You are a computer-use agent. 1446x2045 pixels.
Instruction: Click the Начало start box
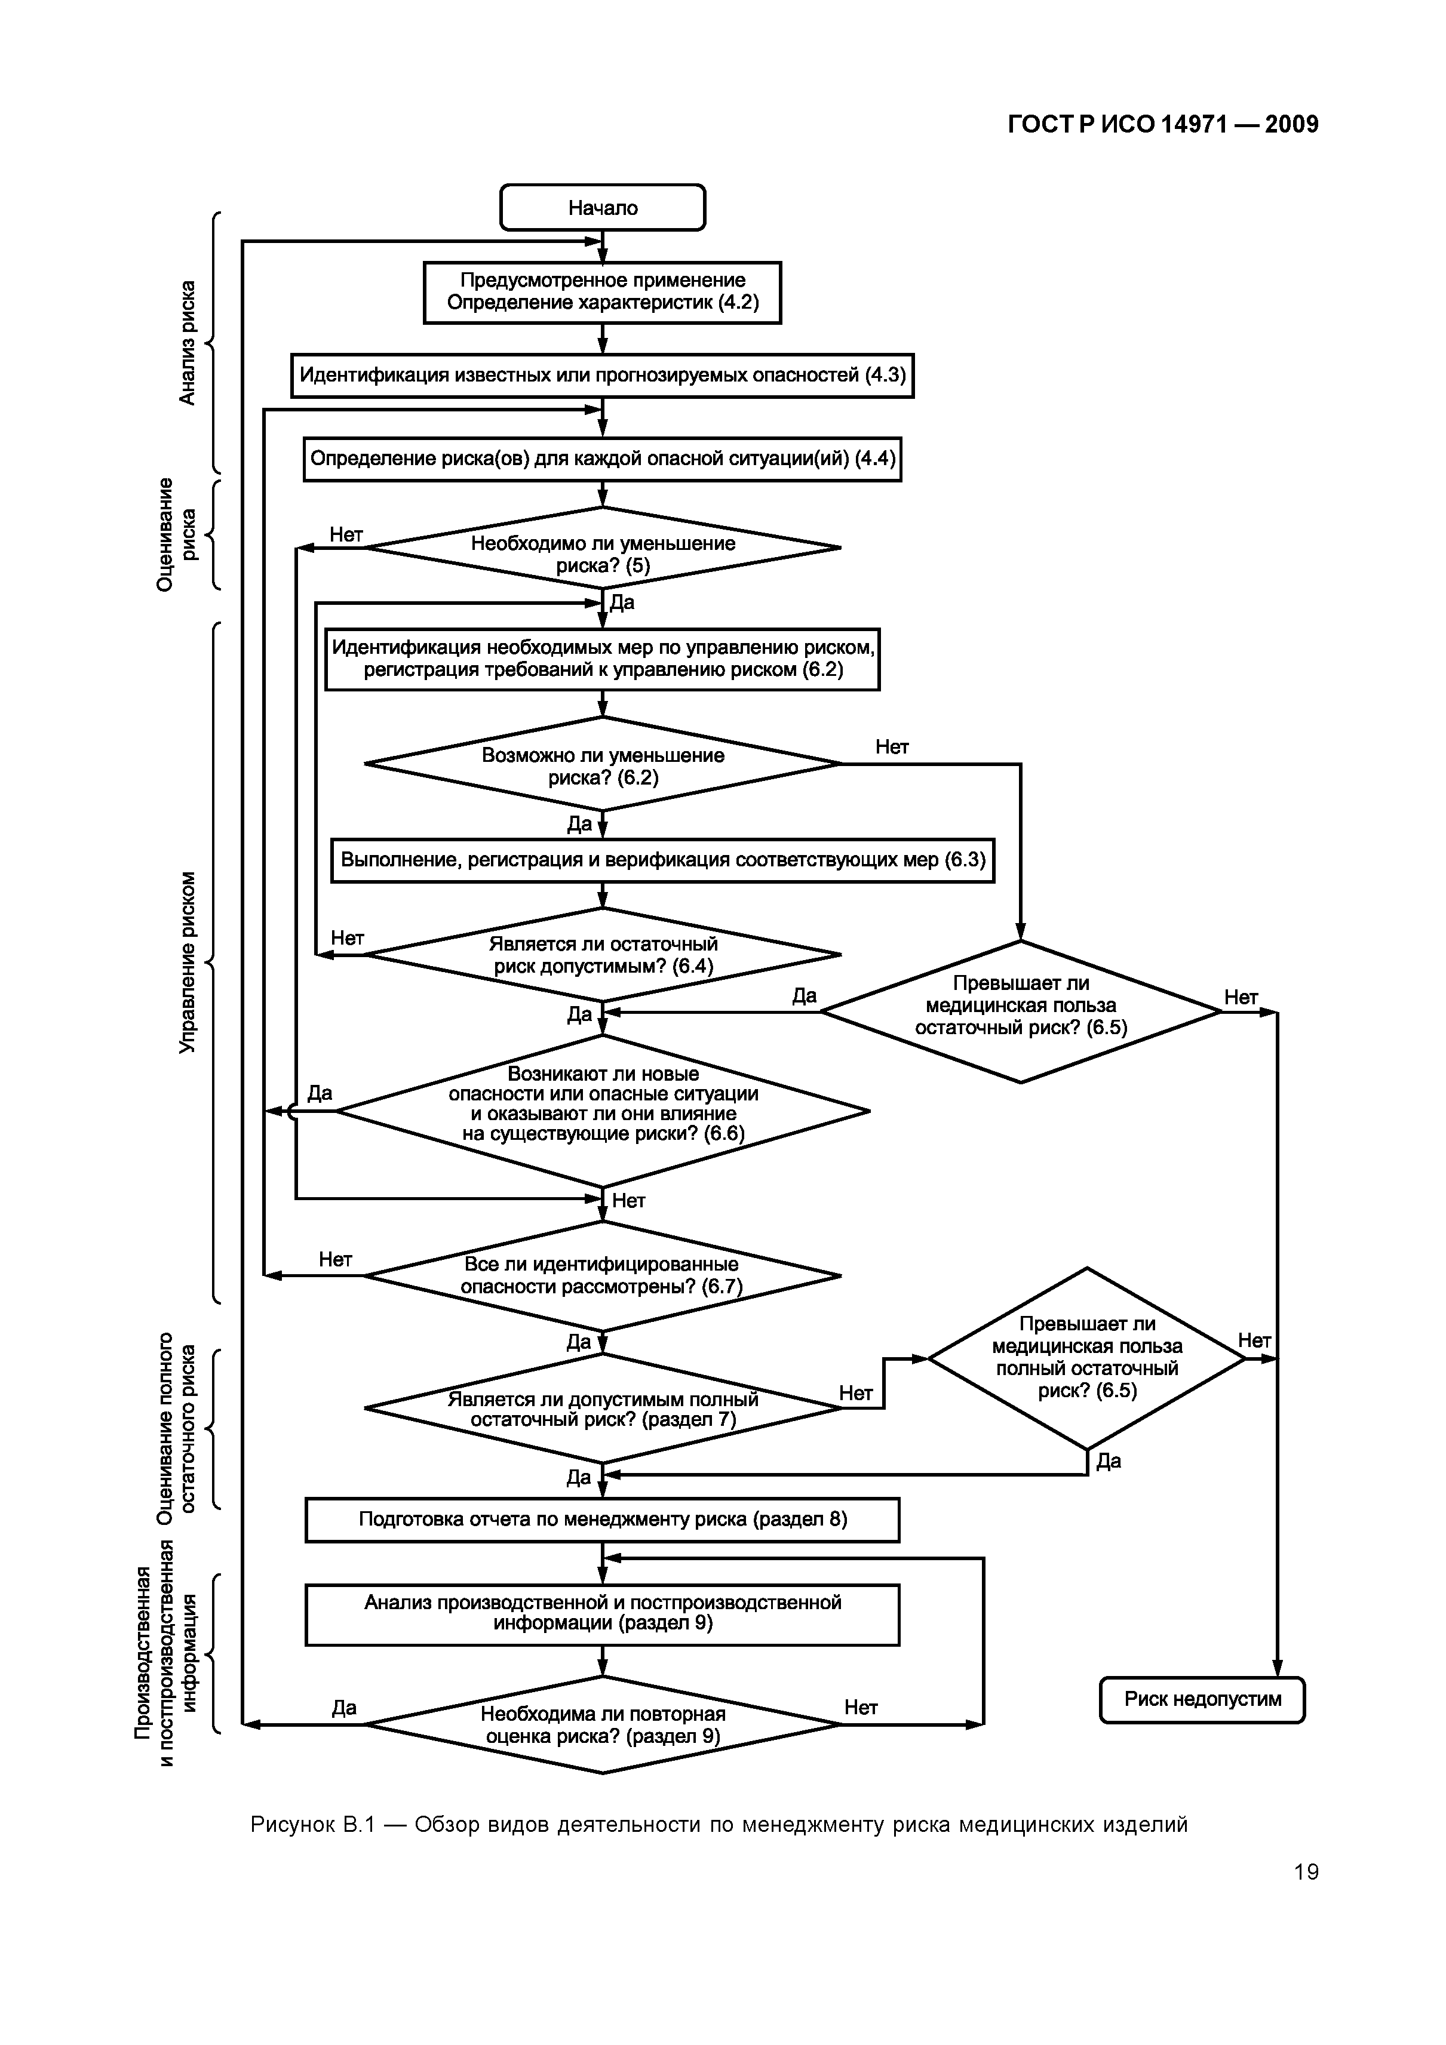(x=602, y=208)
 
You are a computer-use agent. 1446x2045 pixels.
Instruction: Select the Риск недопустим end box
(x=1202, y=1699)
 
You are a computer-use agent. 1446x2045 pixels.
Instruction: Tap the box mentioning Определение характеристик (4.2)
(x=602, y=292)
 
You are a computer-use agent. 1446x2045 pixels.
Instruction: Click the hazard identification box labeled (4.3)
(x=602, y=375)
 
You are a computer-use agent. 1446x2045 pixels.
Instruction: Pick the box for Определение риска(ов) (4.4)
(x=602, y=459)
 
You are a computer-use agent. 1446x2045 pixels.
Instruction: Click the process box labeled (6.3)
(x=663, y=860)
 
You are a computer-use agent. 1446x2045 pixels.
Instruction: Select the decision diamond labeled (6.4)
(x=602, y=955)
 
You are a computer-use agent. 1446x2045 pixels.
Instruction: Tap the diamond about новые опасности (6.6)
(x=602, y=1111)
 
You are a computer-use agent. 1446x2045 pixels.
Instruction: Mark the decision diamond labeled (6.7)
(x=602, y=1275)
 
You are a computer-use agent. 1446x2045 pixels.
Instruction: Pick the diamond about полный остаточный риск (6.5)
(x=1086, y=1358)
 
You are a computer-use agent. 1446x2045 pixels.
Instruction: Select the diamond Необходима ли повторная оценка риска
(x=602, y=1725)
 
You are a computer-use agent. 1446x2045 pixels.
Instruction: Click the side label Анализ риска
(x=186, y=343)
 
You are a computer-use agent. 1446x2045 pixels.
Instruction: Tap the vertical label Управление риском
(x=186, y=962)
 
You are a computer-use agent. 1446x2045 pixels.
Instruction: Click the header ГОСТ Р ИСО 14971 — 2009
(x=1163, y=125)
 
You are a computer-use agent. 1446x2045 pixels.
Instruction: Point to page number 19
(x=1306, y=1872)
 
